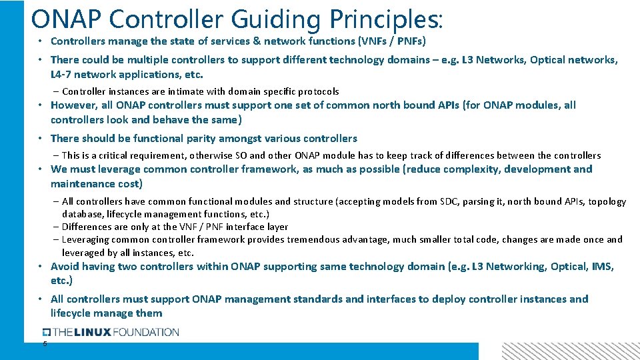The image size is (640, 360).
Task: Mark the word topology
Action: pyautogui.click(x=606, y=201)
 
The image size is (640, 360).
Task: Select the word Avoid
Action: pyautogui.click(x=65, y=267)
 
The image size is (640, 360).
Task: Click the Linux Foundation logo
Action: pyautogui.click(x=111, y=332)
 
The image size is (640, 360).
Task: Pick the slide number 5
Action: pyautogui.click(x=45, y=344)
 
